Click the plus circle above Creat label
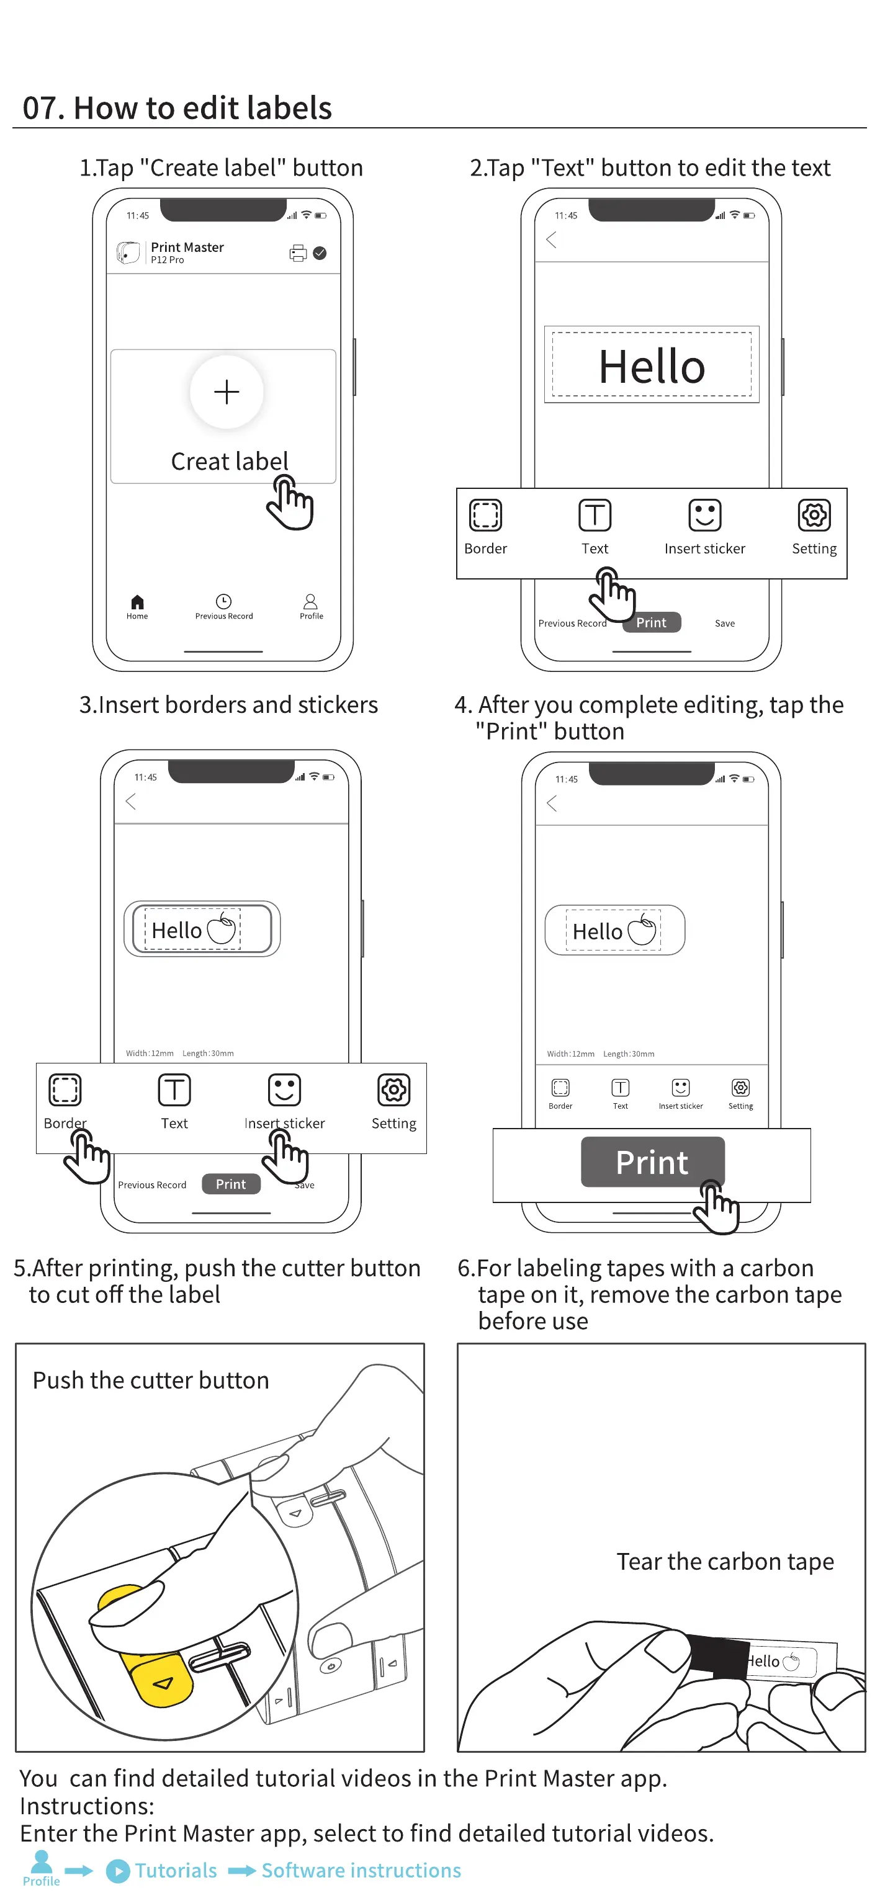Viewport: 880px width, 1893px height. pos(227,392)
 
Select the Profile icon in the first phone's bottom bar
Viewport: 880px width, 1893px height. pos(311,602)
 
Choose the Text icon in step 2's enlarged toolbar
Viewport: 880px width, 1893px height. pos(595,515)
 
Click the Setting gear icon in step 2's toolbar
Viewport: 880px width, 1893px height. pos(814,515)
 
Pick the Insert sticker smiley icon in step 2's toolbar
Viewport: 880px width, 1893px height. pos(704,515)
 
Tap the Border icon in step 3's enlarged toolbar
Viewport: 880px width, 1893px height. pos(65,1090)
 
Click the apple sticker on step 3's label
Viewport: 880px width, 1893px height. pos(222,929)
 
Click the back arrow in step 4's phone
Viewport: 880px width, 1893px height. pos(552,803)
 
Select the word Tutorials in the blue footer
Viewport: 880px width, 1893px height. pos(176,1870)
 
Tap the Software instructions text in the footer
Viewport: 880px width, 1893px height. pos(361,1870)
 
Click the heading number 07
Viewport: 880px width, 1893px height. pos(39,108)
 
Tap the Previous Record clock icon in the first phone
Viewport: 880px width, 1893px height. pos(223,601)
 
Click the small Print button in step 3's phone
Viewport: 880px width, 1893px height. pos(231,1184)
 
